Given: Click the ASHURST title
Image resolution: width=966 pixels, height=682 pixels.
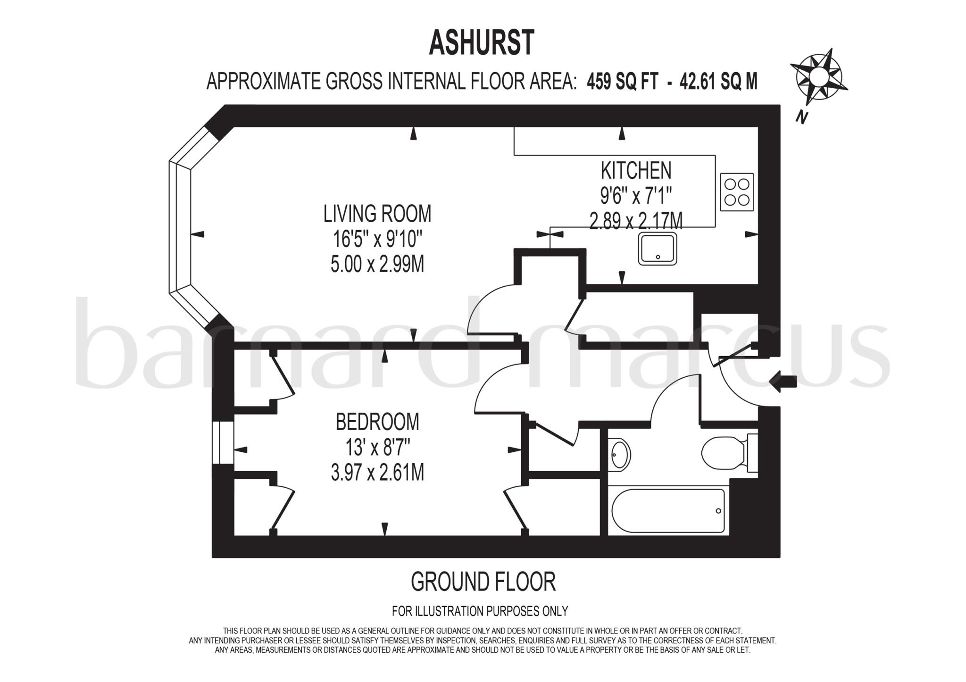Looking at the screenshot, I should tap(482, 43).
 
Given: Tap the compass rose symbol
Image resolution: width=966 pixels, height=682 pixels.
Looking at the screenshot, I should tap(819, 78).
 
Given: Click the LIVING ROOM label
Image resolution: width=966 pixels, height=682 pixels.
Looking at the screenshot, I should tap(377, 214).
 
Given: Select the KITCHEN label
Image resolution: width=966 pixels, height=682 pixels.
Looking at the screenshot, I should tap(636, 170).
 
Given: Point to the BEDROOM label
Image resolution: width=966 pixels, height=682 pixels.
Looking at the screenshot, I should tap(377, 422).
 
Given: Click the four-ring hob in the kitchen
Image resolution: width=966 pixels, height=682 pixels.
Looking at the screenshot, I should tap(737, 192).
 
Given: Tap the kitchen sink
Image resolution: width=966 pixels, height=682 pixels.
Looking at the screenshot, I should tap(658, 248).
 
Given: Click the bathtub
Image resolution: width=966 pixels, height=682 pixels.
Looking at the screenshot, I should tap(668, 511).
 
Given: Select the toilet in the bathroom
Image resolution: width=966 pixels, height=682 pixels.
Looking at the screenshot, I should tap(726, 453).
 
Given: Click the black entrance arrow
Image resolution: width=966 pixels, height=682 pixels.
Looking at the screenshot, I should tap(783, 382).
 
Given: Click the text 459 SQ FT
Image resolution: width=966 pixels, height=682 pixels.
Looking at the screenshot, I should tap(622, 82).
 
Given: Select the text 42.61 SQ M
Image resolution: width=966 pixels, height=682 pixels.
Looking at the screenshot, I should tap(718, 82).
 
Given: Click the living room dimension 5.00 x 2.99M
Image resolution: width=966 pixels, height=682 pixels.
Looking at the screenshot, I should tap(377, 265).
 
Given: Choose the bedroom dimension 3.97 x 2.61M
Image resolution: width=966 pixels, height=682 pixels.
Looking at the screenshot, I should tap(377, 473).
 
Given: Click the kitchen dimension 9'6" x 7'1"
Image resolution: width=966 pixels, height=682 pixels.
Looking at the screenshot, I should tap(636, 195).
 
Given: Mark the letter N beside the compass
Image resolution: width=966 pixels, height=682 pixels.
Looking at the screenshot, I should tap(800, 116).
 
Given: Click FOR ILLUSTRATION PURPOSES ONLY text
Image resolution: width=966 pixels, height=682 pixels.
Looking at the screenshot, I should tap(480, 611).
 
